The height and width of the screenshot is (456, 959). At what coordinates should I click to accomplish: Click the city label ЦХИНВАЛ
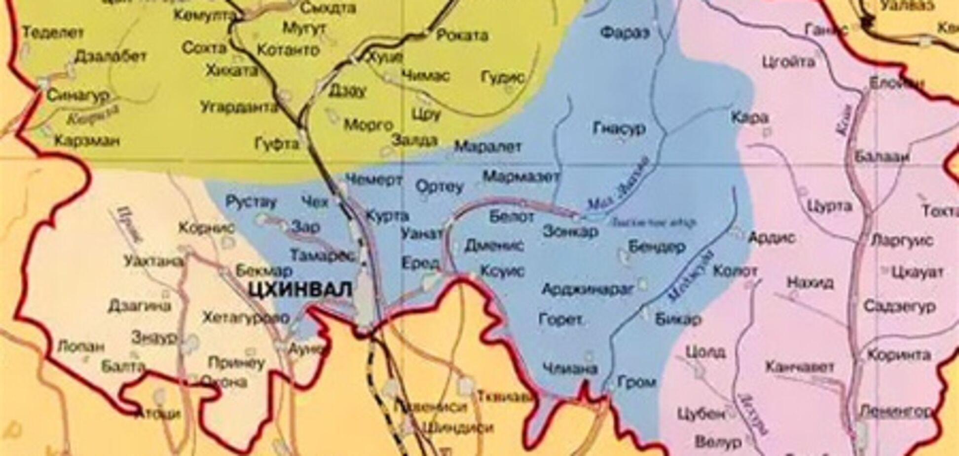click(x=300, y=290)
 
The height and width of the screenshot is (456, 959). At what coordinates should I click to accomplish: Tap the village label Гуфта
click(x=277, y=144)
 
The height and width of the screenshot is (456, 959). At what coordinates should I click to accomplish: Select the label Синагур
click(x=79, y=95)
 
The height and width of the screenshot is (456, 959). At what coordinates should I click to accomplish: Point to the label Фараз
click(x=625, y=33)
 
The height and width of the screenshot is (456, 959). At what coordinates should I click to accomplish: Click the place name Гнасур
click(x=619, y=128)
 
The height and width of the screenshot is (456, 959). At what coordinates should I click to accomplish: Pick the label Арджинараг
click(x=587, y=290)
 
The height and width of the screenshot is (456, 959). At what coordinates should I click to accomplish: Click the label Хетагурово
click(x=245, y=318)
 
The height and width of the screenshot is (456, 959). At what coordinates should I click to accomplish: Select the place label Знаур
click(x=154, y=338)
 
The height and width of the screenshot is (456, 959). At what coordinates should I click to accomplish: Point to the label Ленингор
click(x=895, y=411)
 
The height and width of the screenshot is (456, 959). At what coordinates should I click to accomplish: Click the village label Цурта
click(x=830, y=207)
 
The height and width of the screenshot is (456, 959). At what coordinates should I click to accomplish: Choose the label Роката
click(x=462, y=36)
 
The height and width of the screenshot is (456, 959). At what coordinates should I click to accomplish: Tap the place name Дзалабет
click(x=111, y=57)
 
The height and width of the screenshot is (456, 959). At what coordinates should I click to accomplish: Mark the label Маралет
click(x=487, y=147)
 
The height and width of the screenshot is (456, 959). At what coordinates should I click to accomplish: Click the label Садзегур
click(x=899, y=306)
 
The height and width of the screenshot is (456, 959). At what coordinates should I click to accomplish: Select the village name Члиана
click(x=570, y=368)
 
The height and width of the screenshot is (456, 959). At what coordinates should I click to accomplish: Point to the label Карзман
click(x=87, y=141)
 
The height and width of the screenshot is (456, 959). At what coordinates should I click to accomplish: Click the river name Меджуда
click(x=692, y=276)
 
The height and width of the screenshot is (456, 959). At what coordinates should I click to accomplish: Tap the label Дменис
click(x=494, y=246)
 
